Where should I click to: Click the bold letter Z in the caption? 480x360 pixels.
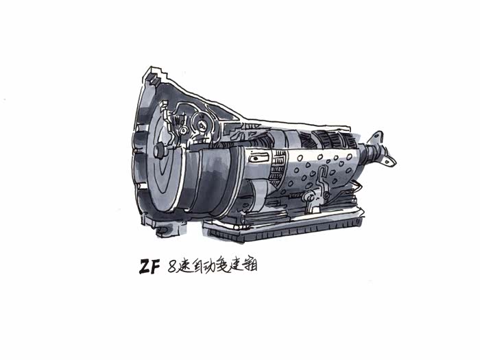click(x=145, y=267)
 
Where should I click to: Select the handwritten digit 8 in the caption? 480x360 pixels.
click(x=172, y=267)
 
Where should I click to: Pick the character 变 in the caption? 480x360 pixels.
click(x=222, y=266)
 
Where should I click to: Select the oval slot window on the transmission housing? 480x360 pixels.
click(x=259, y=158)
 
